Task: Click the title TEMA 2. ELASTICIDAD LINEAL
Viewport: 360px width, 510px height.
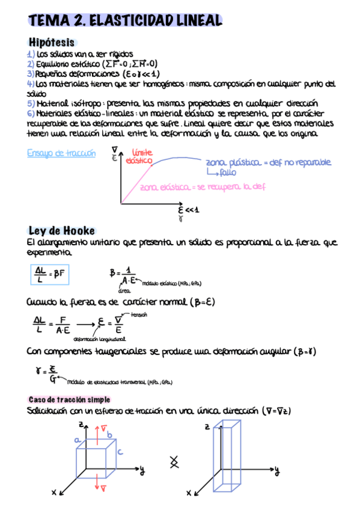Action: [124, 21]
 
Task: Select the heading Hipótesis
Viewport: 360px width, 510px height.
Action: [52, 43]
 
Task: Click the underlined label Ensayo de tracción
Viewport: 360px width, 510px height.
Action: [61, 153]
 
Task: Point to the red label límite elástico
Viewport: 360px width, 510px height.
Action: [140, 156]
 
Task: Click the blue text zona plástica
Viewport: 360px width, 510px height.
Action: [228, 163]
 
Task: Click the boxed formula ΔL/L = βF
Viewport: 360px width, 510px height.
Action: [51, 274]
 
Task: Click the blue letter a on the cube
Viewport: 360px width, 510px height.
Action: [77, 440]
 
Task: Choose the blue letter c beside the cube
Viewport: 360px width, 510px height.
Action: [120, 452]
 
